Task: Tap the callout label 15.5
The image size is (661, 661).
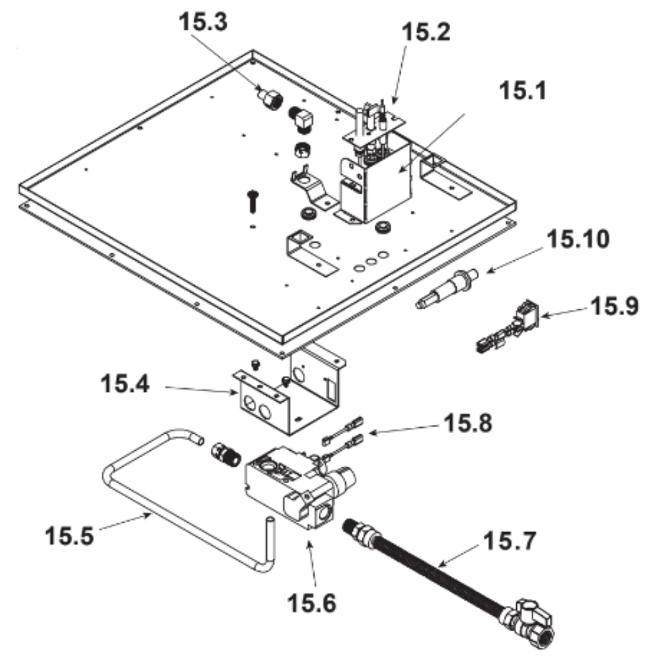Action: click(x=69, y=533)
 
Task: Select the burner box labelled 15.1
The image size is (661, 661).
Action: click(x=373, y=185)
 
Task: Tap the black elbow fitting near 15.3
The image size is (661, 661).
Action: click(x=302, y=120)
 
